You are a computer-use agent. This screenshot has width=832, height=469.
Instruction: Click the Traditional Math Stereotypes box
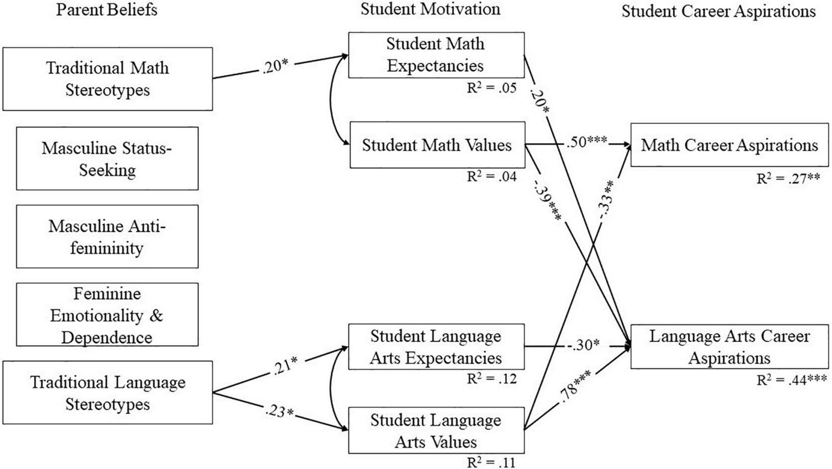(x=107, y=79)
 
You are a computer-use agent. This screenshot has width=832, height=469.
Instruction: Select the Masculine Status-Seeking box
(x=107, y=158)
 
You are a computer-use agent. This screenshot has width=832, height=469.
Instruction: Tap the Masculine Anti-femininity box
(x=107, y=236)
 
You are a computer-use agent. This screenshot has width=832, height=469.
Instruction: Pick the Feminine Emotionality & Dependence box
(x=107, y=314)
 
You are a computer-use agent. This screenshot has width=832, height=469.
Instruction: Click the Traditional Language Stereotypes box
(x=107, y=392)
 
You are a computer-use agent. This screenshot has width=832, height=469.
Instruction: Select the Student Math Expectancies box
(x=436, y=55)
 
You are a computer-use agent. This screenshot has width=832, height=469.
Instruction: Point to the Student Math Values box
(x=437, y=145)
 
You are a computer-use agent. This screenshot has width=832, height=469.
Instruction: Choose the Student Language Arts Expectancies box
(x=436, y=347)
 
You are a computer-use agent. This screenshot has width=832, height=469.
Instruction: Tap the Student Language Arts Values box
(x=436, y=430)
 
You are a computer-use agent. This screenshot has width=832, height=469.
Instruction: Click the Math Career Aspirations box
(x=729, y=145)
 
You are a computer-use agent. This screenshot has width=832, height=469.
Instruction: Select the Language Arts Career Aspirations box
(x=729, y=347)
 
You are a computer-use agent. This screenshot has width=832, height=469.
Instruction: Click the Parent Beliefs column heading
(x=107, y=10)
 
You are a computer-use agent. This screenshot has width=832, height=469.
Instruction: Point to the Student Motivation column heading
(x=431, y=9)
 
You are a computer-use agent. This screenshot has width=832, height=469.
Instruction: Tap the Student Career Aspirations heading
(x=719, y=11)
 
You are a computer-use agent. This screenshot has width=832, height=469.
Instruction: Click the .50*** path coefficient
(x=586, y=141)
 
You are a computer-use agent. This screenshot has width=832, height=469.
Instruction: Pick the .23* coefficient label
(x=279, y=411)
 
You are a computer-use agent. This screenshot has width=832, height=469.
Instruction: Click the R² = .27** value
(x=788, y=179)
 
